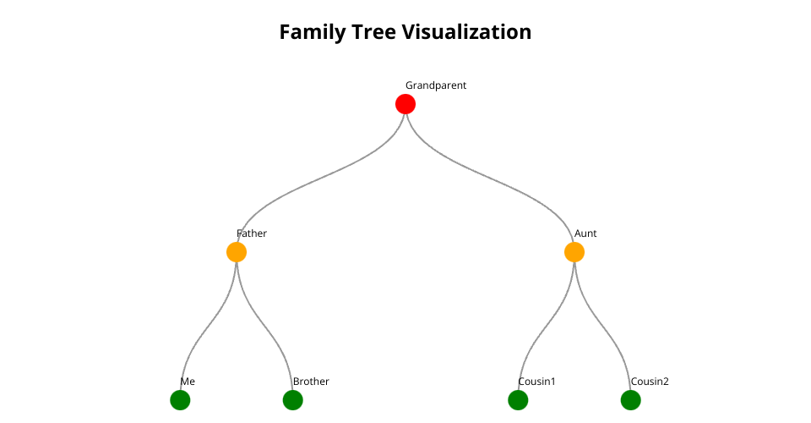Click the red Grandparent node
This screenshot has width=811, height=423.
(x=405, y=104)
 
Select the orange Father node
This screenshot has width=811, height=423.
(x=237, y=252)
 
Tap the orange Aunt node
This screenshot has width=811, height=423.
(x=574, y=252)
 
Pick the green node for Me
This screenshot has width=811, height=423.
(x=180, y=400)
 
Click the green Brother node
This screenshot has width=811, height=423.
(x=293, y=400)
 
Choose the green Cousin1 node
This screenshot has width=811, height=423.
(x=518, y=400)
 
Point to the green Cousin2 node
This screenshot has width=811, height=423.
(x=631, y=400)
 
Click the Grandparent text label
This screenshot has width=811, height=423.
(x=436, y=85)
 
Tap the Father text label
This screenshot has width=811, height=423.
(x=252, y=233)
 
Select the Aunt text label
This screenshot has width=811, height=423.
(x=585, y=233)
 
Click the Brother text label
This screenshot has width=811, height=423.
(x=311, y=382)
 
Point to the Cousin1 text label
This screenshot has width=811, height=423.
(x=536, y=382)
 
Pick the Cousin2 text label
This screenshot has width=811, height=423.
(x=650, y=382)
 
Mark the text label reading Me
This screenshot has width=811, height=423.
(x=188, y=382)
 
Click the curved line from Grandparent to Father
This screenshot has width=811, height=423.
(x=321, y=179)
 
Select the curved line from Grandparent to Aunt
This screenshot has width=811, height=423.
(x=490, y=179)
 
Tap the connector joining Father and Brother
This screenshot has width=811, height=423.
(x=264, y=326)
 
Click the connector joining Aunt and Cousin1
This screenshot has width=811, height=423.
(x=547, y=326)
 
